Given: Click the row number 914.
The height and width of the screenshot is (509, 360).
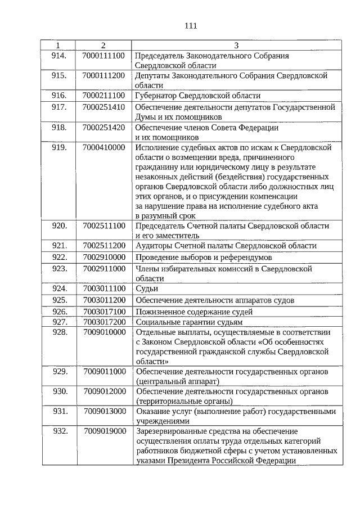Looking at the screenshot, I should tap(59, 56).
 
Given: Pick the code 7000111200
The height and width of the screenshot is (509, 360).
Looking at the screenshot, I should tap(103, 75).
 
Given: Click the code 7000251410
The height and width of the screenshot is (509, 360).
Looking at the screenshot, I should tap(103, 106).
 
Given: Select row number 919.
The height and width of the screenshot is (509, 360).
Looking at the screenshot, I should tap(59, 147).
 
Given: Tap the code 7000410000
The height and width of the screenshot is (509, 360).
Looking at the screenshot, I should tap(103, 147).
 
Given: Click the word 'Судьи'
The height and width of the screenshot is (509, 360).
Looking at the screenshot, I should tap(147, 289).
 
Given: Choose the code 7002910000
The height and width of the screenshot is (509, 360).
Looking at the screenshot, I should tap(103, 257).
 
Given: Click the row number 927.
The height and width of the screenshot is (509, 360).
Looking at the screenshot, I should tap(59, 322).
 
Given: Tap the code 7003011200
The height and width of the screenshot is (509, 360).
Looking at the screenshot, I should tap(103, 300).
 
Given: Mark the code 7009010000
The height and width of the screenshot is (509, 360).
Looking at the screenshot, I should tap(103, 332).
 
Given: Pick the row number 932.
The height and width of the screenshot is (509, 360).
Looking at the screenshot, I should tap(59, 431).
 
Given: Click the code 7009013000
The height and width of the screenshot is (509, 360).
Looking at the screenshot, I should tap(104, 411).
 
